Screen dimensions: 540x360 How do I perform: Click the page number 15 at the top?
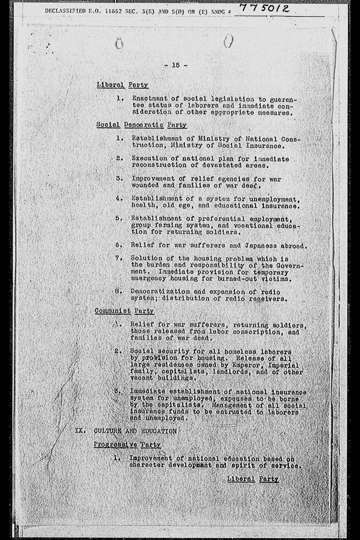point(176,65)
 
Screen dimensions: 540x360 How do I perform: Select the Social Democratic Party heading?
point(141,125)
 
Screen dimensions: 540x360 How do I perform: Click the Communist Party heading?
point(124,311)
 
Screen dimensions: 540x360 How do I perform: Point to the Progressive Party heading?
point(127,445)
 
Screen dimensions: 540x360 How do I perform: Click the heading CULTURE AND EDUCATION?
point(135,431)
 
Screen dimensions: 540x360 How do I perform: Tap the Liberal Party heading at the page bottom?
point(253,479)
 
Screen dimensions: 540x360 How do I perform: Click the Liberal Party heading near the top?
point(122,85)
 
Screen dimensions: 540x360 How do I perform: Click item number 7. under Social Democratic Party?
point(118,258)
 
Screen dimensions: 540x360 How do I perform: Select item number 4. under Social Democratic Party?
point(118,199)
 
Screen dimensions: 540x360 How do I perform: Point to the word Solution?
point(146,258)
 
